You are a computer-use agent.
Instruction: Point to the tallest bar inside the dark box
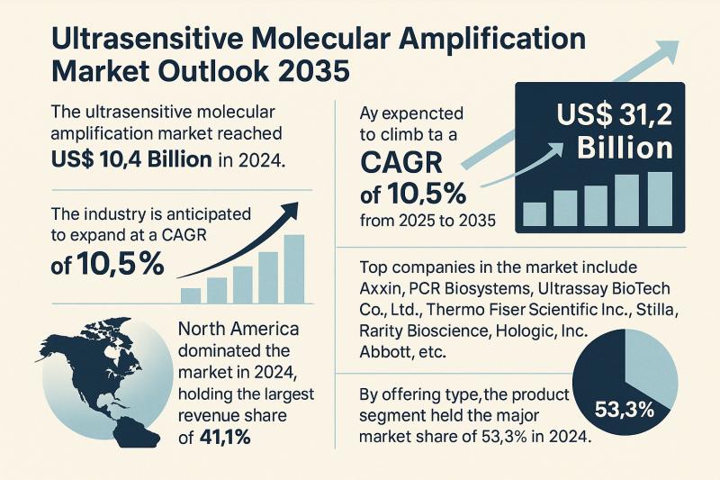pyautogui.click(x=660, y=198)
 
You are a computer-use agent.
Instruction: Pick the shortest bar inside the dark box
pyautogui.click(x=535, y=213)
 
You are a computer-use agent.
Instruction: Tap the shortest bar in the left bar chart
pyautogui.click(x=190, y=295)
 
